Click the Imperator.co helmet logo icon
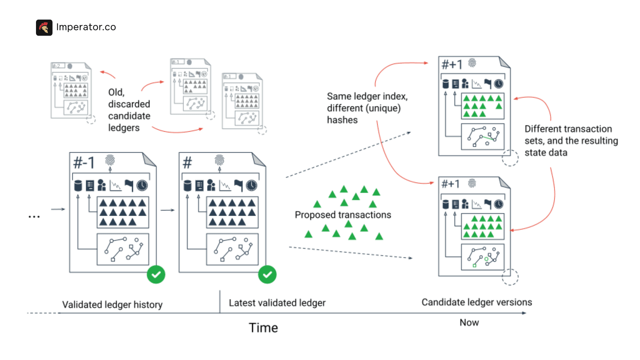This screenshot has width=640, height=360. (44, 27)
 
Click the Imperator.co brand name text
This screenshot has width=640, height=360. (86, 27)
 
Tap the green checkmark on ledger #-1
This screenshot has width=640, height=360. (156, 274)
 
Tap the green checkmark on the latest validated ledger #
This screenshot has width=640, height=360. (267, 274)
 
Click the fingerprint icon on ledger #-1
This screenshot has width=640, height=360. (110, 160)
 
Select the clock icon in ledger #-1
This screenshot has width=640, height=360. (142, 185)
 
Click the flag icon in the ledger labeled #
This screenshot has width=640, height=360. (238, 185)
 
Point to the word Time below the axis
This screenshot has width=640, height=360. (263, 328)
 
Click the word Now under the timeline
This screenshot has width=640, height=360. (469, 323)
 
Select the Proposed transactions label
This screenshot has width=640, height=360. (343, 215)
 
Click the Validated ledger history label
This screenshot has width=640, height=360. (112, 305)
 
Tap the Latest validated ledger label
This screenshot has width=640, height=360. (277, 303)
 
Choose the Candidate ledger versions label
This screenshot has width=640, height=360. (477, 302)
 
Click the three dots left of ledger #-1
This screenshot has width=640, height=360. (34, 217)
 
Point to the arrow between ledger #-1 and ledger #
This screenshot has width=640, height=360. (167, 210)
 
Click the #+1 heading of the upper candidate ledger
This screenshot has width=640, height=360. (452, 64)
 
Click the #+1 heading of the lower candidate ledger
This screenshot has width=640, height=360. (450, 184)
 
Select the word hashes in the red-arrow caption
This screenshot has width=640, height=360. (342, 120)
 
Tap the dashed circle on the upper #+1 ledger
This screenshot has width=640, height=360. (510, 158)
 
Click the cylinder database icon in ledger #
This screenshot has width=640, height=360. (188, 185)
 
